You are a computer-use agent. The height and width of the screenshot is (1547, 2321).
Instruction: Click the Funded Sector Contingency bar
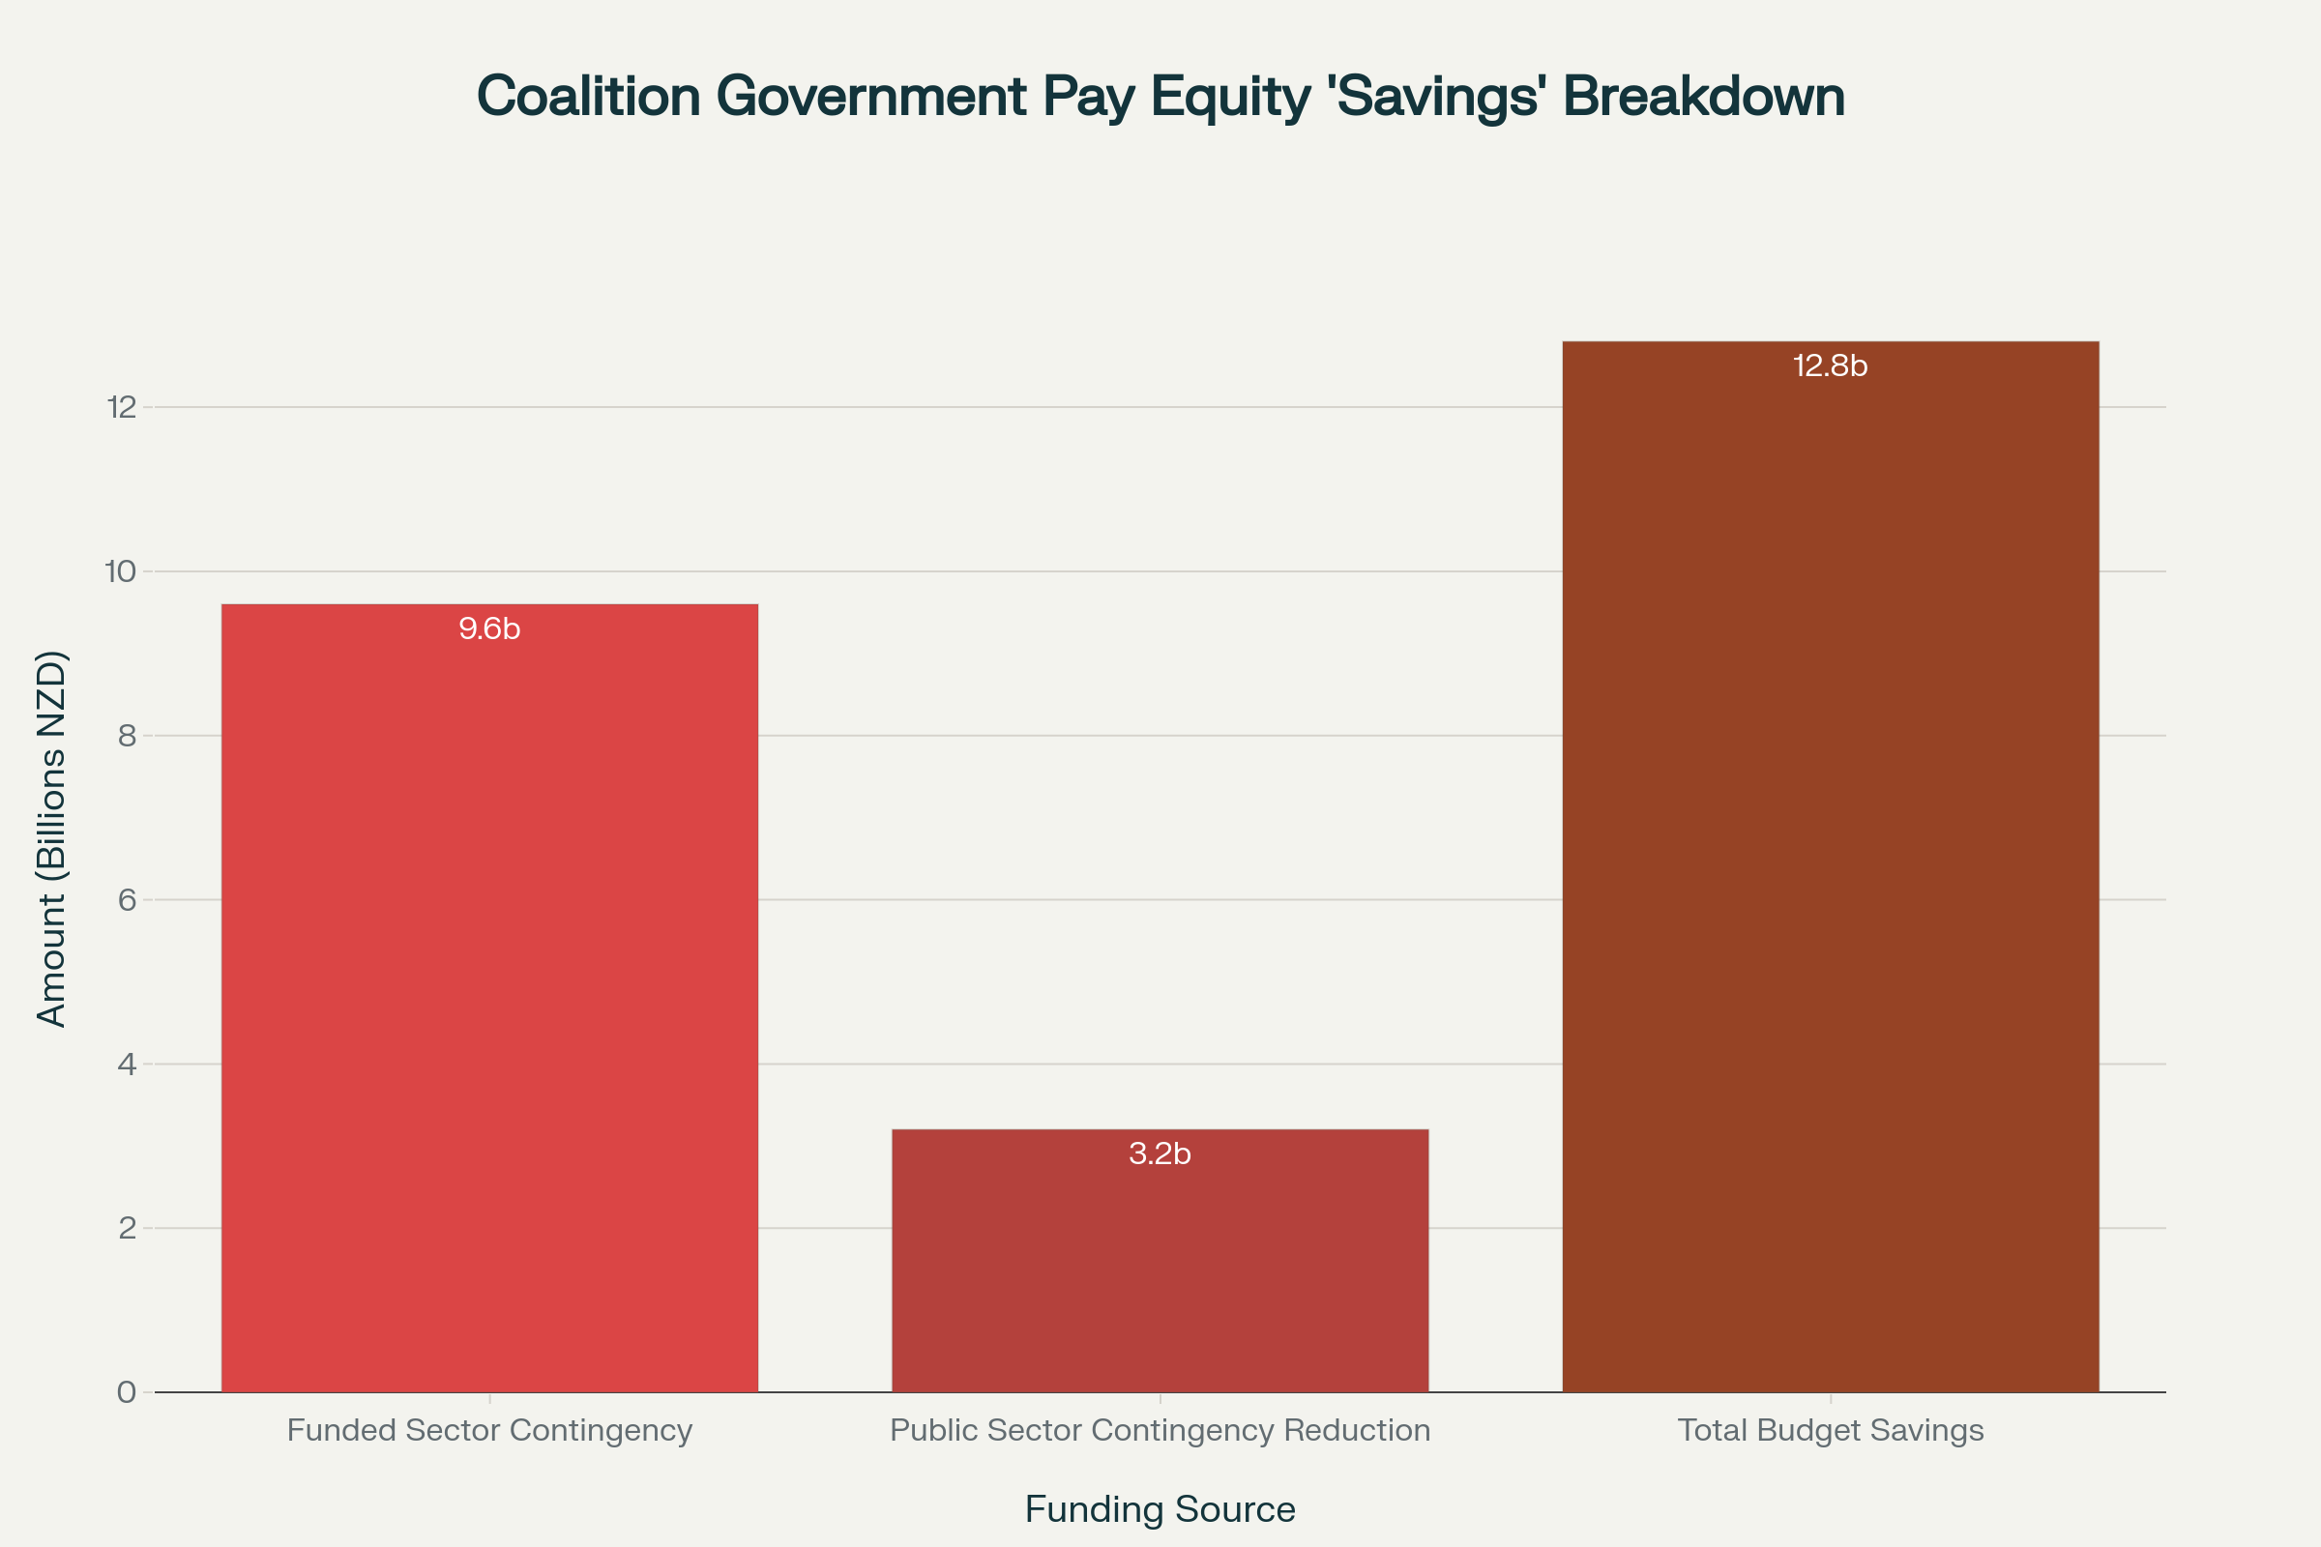(489, 997)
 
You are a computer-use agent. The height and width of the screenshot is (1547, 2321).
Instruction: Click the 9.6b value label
(489, 628)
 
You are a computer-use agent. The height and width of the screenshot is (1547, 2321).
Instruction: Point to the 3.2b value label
(1160, 1153)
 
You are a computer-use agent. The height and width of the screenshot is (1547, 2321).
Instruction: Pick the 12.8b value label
(1831, 366)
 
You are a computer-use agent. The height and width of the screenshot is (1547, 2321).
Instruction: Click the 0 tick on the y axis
(127, 1392)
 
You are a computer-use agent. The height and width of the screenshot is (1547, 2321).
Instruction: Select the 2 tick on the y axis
(127, 1228)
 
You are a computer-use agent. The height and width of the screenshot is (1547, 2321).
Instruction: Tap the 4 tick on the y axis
(127, 1064)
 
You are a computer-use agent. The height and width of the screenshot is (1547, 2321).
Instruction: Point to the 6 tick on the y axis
(127, 900)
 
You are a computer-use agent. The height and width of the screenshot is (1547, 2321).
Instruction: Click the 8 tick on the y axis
(127, 735)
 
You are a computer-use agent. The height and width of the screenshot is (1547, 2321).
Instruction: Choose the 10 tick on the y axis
(120, 571)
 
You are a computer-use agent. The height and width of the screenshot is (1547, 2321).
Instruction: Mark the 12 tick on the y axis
(120, 406)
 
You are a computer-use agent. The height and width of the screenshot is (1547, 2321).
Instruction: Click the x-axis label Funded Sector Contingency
(489, 1430)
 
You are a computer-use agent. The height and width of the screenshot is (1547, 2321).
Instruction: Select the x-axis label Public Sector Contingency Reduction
(1160, 1430)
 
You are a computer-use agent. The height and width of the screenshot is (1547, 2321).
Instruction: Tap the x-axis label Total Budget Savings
(1831, 1430)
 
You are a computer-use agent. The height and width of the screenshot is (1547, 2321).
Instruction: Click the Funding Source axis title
(1160, 1509)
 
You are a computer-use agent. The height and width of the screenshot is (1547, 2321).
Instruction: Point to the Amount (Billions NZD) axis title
(51, 838)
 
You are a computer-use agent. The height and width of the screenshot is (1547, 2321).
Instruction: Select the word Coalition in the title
(588, 98)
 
